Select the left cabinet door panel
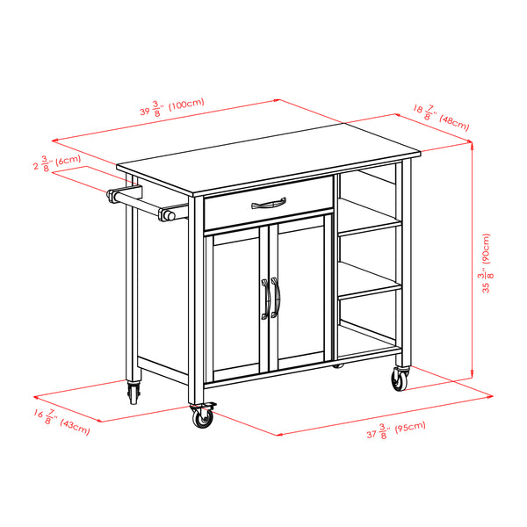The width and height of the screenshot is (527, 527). click(236, 301)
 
